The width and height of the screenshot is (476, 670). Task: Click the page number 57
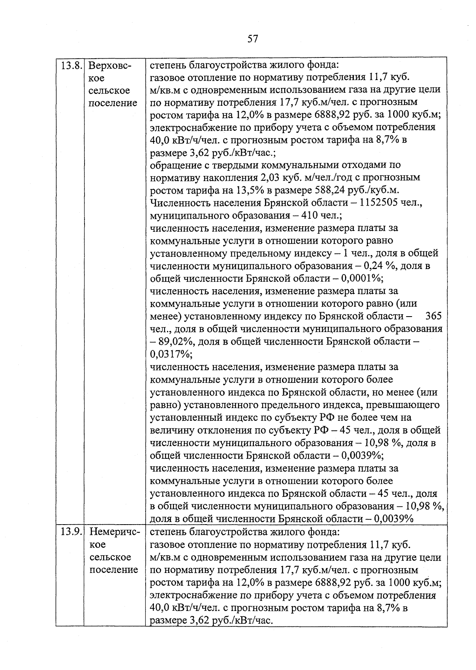253,39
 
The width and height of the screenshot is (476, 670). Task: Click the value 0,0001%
362,279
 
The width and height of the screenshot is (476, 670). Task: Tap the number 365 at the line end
433,316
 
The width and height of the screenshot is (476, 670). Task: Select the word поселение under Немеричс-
113,570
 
